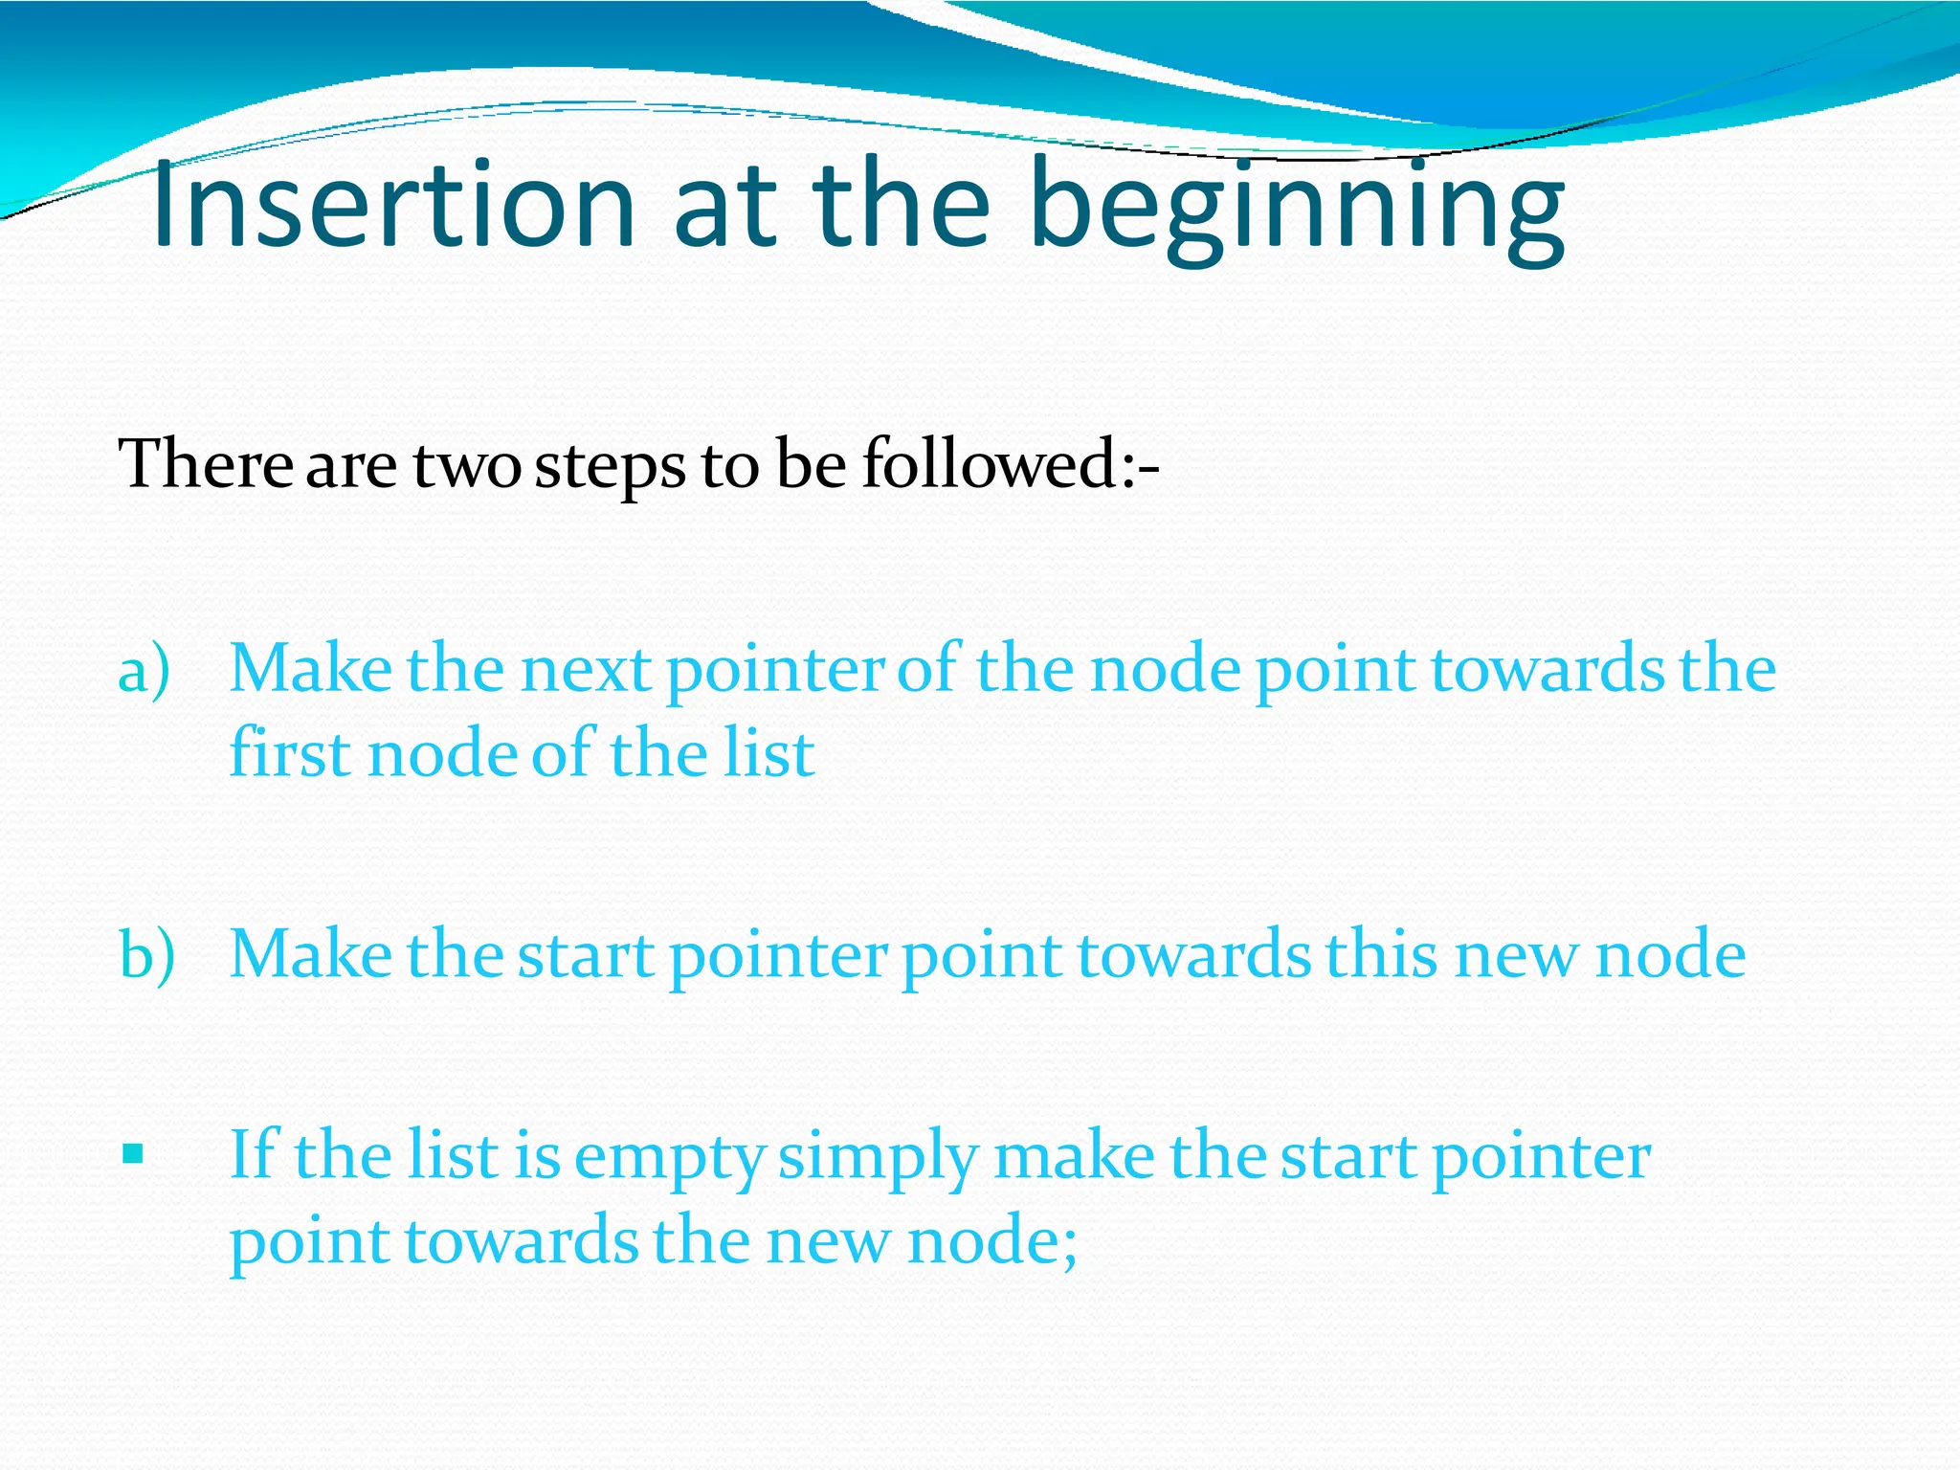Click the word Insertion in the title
[x=392, y=206]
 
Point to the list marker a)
[x=145, y=670]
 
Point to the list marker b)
[x=146, y=955]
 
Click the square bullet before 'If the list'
[x=133, y=1154]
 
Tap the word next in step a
[x=586, y=670]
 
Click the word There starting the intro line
[x=205, y=465]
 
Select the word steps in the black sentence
[x=610, y=467]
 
